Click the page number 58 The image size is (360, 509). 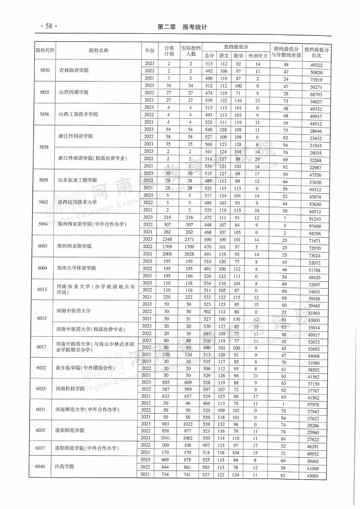(x=49, y=26)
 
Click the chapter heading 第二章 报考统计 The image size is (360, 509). (x=182, y=27)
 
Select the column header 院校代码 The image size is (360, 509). (x=45, y=50)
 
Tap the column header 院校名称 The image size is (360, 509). (x=99, y=50)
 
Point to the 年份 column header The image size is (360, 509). (x=150, y=51)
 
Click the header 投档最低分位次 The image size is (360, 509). (x=316, y=52)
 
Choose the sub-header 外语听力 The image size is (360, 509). (x=258, y=56)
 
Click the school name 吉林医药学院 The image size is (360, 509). (x=74, y=70)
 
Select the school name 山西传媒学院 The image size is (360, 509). (x=74, y=92)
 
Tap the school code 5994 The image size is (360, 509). (x=43, y=224)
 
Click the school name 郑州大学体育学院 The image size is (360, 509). (x=76, y=268)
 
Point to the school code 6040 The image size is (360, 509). (x=40, y=466)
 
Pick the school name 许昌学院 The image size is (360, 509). (x=64, y=466)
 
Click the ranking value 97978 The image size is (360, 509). (x=313, y=404)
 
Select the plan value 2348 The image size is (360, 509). (x=167, y=239)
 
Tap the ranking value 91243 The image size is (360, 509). (x=315, y=219)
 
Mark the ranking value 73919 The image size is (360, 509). (x=316, y=80)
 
